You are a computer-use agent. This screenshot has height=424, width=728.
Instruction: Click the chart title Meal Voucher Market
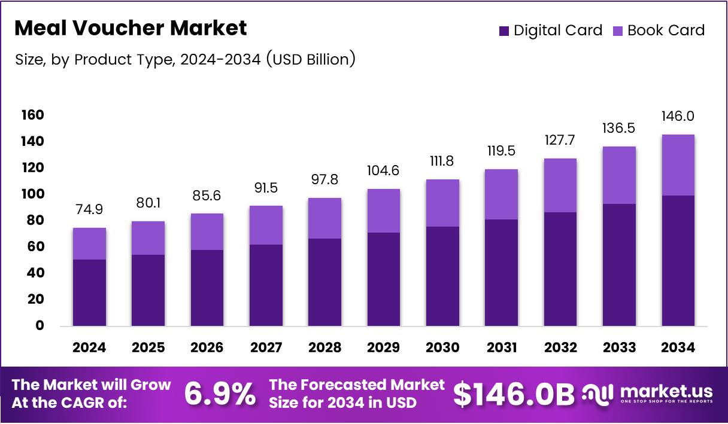point(130,28)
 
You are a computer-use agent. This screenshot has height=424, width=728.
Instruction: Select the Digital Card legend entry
point(550,30)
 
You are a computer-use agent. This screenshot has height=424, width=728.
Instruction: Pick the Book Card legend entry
point(659,30)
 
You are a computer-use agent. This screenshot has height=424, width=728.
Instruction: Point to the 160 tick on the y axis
point(34,115)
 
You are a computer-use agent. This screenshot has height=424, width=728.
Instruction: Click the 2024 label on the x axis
point(89,347)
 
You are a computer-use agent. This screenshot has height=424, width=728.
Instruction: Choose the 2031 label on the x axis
point(502,347)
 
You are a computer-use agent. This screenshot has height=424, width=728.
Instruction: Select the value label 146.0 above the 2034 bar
point(678,116)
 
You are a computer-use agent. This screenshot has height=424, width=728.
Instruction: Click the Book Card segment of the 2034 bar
point(678,165)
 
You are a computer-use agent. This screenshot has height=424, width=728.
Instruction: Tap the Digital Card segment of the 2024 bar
point(89,292)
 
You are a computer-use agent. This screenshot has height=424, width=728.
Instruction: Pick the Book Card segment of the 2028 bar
point(324,218)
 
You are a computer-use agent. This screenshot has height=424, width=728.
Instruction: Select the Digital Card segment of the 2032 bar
point(560,269)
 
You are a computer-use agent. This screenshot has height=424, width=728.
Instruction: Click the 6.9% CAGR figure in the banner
point(219,394)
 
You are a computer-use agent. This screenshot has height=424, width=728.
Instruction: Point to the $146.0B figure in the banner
point(513,394)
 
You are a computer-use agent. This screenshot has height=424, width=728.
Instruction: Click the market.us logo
point(648,394)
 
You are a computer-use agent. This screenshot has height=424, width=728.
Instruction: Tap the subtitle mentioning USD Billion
point(185,60)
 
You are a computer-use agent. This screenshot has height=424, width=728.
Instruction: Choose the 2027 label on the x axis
point(266,347)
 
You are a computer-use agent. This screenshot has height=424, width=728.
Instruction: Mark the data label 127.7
point(560,141)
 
